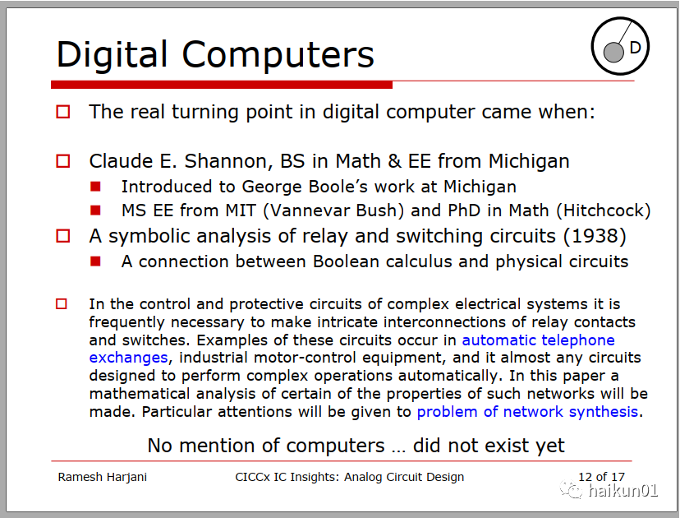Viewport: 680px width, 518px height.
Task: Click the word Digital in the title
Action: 112,55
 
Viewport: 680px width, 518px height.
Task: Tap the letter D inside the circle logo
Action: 635,48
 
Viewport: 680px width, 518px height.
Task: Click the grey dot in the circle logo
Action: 613,53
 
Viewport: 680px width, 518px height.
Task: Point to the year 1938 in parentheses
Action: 595,236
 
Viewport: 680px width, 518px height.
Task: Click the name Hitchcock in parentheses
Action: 604,210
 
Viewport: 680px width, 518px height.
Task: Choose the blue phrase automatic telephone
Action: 538,340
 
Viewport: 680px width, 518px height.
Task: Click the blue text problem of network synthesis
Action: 527,412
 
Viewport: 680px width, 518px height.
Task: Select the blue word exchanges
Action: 128,358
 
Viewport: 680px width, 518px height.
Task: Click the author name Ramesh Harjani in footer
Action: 103,477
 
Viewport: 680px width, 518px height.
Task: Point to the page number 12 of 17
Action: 601,477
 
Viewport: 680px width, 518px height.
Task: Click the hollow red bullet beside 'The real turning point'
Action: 63,112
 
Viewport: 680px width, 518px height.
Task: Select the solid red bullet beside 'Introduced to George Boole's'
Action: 95,187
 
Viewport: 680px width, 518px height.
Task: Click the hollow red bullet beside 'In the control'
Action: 62,303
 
